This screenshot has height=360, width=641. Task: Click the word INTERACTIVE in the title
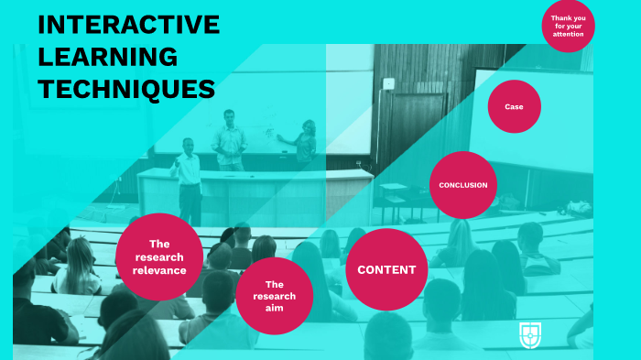pos(128,25)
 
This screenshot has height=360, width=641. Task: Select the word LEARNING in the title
pos(107,57)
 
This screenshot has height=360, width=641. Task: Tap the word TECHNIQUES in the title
pos(126,89)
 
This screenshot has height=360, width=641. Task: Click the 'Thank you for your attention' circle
pos(568,26)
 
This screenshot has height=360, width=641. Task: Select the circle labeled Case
pos(514,106)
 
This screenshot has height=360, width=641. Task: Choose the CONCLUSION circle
pos(462,185)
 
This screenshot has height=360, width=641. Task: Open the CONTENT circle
pos(386,269)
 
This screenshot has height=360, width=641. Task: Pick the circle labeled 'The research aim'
pos(274,296)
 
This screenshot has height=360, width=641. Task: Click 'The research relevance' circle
pos(160,257)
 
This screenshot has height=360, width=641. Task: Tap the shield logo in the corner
pos(527,333)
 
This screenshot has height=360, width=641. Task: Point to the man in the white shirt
pos(188,179)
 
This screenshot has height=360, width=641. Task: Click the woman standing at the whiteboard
pos(304,144)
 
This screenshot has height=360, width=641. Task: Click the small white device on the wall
pos(388,83)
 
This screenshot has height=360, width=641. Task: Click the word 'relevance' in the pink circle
pos(160,270)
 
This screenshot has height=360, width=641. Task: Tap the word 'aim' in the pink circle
pos(274,309)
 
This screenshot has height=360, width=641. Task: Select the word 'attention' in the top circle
pos(568,34)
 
